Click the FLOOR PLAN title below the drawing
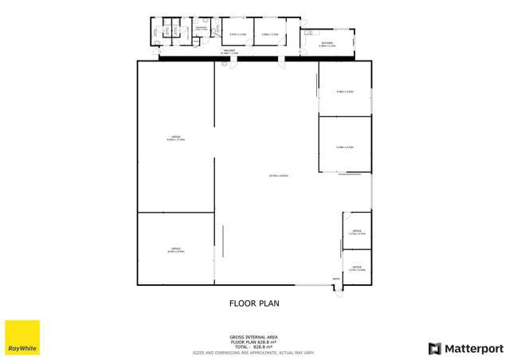[x=254, y=303]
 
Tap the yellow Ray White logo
[x=22, y=338]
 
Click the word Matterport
[x=473, y=348]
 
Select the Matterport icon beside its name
[x=434, y=348]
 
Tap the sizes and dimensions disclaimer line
[x=254, y=352]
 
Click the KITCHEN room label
[x=327, y=45]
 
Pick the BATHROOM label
[x=202, y=28]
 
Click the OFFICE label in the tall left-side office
[x=175, y=137]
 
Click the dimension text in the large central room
[x=278, y=175]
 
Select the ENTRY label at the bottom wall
[x=336, y=278]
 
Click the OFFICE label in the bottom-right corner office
[x=357, y=268]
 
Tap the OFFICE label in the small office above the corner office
[x=357, y=232]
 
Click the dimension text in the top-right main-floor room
[x=345, y=92]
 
